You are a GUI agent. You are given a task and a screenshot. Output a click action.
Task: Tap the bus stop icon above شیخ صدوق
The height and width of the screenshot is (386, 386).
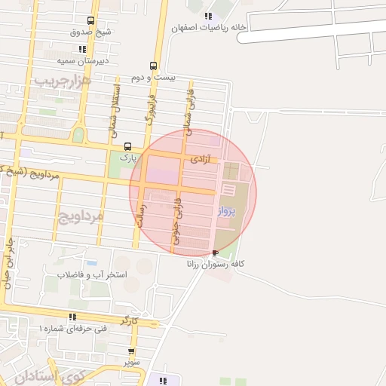coord(91,21)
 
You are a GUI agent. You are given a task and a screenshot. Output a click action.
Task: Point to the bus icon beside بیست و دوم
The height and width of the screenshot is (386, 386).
coord(154,66)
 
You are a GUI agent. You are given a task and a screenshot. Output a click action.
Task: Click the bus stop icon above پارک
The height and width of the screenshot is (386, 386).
coord(127,146)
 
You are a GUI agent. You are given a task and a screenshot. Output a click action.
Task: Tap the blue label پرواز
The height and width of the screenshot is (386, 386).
coord(228,211)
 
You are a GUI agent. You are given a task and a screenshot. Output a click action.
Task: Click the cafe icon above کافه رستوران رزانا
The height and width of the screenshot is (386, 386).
coord(217,253)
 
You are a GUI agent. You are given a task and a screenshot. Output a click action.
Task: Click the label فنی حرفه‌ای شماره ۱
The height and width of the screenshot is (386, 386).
coord(72,329)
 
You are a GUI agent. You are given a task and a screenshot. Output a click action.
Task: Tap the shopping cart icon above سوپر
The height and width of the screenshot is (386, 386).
coord(132,351)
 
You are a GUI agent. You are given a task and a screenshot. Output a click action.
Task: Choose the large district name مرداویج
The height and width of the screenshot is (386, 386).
coord(79,216)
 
